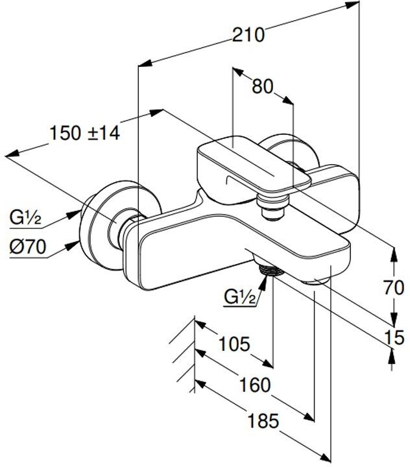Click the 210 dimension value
[x=248, y=34]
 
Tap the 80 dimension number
[x=263, y=87]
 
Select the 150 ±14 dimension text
[x=84, y=133]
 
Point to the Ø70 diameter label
[x=28, y=247]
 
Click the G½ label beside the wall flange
[x=25, y=217]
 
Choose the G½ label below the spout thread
[x=240, y=296]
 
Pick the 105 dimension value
[x=234, y=344]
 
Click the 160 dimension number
[x=256, y=385]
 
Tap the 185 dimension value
[x=263, y=421]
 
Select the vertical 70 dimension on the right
[x=394, y=288]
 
